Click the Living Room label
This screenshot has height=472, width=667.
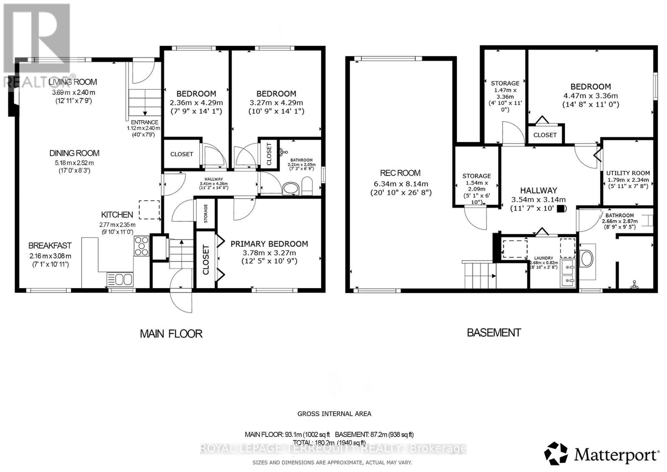click(73, 82)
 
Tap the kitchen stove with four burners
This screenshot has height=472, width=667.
click(141, 246)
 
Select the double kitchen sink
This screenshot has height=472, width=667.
click(120, 279)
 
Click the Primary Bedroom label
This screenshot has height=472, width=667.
click(269, 244)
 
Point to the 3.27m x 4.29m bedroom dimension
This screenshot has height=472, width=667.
click(276, 103)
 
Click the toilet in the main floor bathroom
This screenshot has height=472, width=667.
click(307, 186)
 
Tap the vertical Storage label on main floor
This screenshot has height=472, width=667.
click(206, 213)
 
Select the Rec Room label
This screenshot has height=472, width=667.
click(400, 173)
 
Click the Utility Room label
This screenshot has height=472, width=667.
click(628, 173)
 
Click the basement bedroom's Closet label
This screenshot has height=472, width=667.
click(545, 135)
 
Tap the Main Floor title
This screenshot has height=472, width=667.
click(171, 334)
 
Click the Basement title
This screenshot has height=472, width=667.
click(494, 333)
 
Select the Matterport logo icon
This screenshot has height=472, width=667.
click(556, 454)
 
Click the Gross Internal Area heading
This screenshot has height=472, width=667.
click(334, 414)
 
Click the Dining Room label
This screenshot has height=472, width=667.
click(75, 153)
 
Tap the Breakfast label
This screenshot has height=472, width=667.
click(50, 246)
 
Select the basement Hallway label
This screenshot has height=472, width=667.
click(539, 190)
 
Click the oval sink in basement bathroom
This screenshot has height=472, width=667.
click(587, 259)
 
